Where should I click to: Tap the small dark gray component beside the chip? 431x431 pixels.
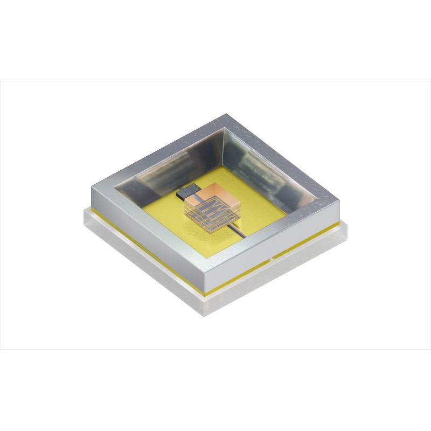[x=187, y=189]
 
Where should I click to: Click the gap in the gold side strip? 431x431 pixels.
[x=273, y=258]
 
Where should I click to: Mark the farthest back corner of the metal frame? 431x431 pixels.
[x=225, y=115]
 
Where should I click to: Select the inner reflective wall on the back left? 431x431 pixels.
[x=167, y=162]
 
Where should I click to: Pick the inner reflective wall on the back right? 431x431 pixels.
[x=269, y=162]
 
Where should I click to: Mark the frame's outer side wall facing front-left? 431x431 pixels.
[x=145, y=237]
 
